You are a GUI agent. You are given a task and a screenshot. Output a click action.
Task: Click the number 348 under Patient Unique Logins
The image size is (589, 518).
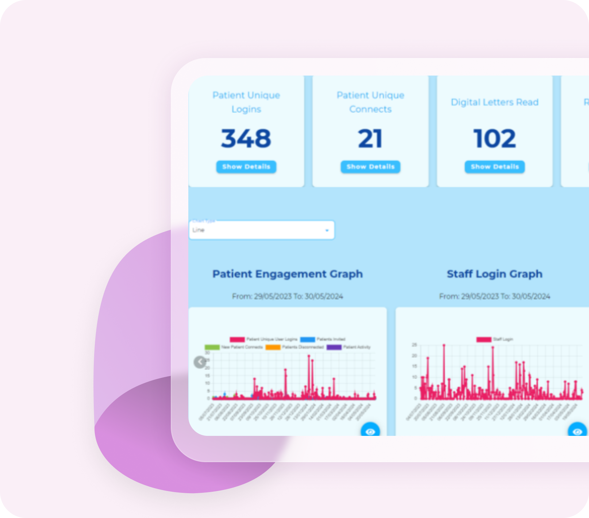(x=246, y=139)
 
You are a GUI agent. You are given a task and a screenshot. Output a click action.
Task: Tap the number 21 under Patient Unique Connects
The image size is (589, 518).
(x=370, y=139)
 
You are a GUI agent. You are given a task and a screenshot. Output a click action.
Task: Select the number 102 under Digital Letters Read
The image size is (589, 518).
(x=494, y=139)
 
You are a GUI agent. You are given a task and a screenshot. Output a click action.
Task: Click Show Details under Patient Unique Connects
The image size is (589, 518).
(x=370, y=167)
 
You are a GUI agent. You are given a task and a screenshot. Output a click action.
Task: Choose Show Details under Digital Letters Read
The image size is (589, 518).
(x=494, y=167)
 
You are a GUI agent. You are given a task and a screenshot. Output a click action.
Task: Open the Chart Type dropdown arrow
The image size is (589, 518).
(x=327, y=230)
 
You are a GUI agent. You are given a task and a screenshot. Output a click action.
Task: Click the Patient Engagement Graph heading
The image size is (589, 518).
(x=288, y=274)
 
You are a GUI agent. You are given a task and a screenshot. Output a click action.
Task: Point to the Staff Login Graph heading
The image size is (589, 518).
(x=494, y=274)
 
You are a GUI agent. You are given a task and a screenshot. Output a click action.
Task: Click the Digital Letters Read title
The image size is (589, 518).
(x=494, y=102)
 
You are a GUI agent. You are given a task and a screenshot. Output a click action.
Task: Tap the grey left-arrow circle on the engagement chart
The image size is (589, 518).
(x=200, y=362)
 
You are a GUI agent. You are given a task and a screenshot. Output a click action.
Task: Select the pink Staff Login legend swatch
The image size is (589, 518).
(x=484, y=339)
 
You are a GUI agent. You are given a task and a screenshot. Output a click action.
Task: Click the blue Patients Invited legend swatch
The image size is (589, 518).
(x=307, y=339)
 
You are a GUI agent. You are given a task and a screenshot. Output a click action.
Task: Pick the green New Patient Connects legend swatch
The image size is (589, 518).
(x=212, y=347)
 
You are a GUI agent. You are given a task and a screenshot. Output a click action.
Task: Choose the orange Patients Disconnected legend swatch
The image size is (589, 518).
(x=273, y=347)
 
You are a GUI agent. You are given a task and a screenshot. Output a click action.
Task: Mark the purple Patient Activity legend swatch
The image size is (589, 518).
(x=334, y=347)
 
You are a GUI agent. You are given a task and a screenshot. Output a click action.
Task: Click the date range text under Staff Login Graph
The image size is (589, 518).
(x=494, y=296)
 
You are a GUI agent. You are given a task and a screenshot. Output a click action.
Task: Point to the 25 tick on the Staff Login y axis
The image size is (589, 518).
(x=414, y=345)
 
